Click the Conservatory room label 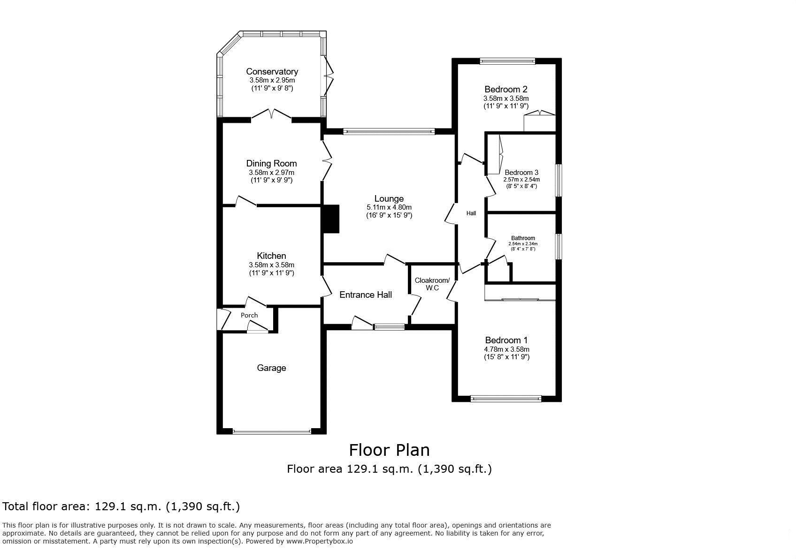tap(272, 72)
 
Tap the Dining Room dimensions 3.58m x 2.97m tap(271, 173)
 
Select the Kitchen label tap(271, 256)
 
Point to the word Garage tap(271, 368)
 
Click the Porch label tap(249, 315)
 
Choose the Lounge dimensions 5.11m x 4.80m tap(389, 207)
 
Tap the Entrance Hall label tap(365, 295)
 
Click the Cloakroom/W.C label tap(432, 284)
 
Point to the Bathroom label tap(523, 238)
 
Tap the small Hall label tap(471, 213)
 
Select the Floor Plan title tap(389, 450)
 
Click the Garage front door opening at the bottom tap(271, 431)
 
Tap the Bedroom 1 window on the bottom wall tap(506, 399)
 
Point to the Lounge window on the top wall tap(389, 132)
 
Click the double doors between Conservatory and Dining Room tap(271, 115)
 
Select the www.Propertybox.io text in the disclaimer tap(319, 541)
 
